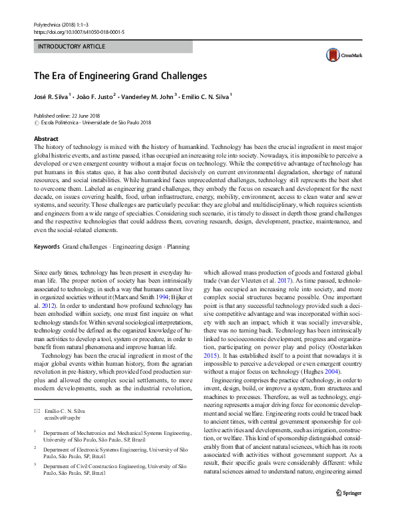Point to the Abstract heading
(46, 138)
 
